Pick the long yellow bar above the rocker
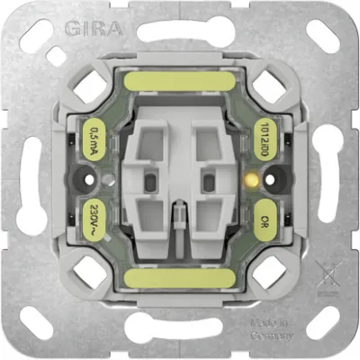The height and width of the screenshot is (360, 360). (x=180, y=84)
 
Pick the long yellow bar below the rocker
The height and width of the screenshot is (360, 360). (x=180, y=278)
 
